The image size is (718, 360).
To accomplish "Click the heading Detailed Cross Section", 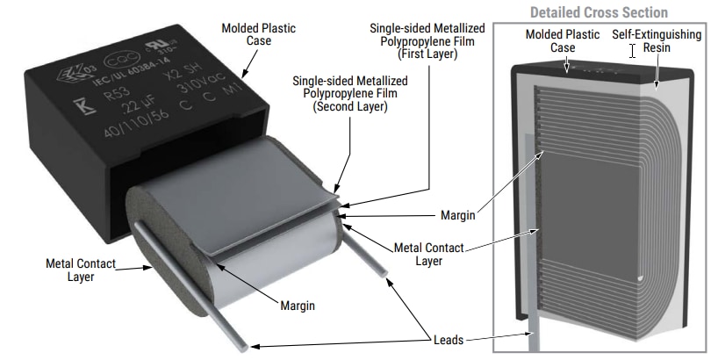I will [x=599, y=12].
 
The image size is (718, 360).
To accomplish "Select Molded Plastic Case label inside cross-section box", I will [x=563, y=41].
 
